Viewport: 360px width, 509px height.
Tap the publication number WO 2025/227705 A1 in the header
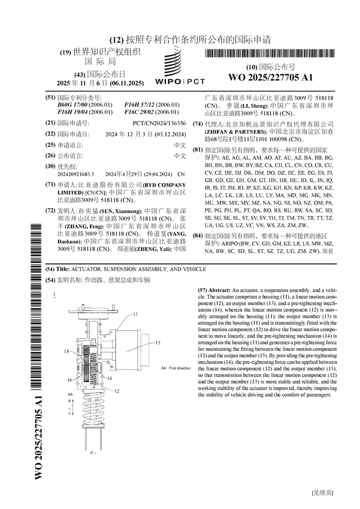271,77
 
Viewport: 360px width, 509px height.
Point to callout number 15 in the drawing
157,342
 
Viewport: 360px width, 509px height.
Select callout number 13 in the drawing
66,351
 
